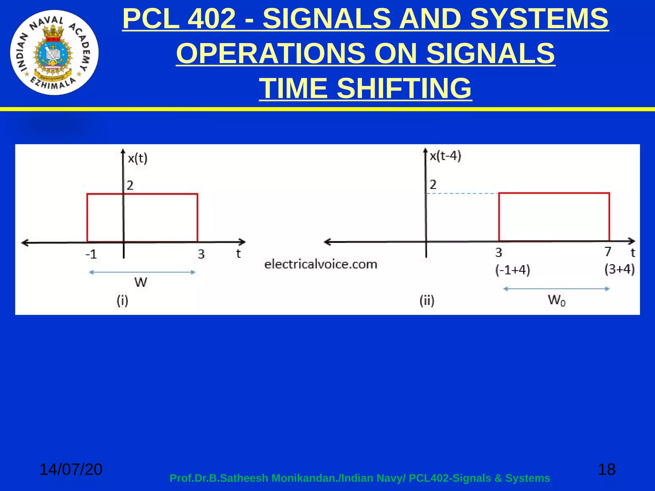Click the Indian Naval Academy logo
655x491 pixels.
tap(54, 52)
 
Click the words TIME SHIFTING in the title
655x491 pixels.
tap(365, 88)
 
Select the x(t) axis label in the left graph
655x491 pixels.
tap(138, 158)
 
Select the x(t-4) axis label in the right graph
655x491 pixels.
tap(445, 156)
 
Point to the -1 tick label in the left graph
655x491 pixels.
tap(91, 254)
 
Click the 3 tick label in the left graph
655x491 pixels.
tap(201, 254)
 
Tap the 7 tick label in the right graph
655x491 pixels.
tap(608, 252)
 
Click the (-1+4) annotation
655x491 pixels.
tap(513, 270)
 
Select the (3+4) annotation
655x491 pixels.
tap(619, 269)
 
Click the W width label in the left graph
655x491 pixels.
tap(141, 282)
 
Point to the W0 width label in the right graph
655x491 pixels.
tap(556, 300)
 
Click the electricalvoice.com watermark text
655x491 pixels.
tap(321, 264)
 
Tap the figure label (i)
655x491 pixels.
tap(122, 301)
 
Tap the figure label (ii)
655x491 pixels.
tap(427, 301)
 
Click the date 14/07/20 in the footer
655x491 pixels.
tap(71, 469)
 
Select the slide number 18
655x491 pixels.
tap(606, 469)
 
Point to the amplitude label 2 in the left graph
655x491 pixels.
tap(130, 185)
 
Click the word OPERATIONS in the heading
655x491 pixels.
tap(271, 53)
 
